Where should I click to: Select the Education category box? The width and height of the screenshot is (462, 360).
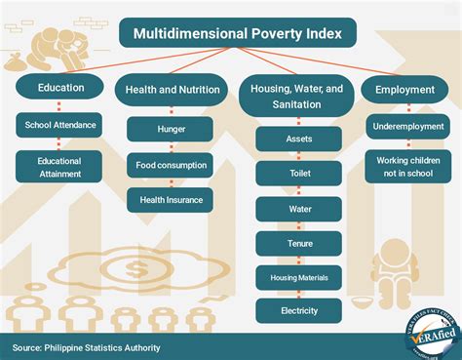(x=61, y=88)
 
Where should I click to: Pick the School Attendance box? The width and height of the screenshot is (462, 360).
(x=61, y=125)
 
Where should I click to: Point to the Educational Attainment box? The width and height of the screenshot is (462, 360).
(x=60, y=167)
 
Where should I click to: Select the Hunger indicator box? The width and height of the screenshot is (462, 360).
(x=171, y=129)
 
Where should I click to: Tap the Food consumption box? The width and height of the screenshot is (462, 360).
(x=171, y=165)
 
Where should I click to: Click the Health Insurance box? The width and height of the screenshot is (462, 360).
(x=171, y=200)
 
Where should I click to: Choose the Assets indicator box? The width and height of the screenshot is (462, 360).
(x=298, y=139)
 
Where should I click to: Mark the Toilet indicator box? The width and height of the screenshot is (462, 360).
(x=298, y=174)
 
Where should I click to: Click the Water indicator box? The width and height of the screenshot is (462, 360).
(x=298, y=208)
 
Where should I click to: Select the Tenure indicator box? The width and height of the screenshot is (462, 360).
(x=298, y=243)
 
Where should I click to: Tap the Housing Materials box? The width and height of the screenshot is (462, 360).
(x=298, y=278)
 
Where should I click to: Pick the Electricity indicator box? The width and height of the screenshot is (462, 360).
(x=298, y=312)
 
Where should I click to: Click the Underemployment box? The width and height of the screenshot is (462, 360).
(x=407, y=127)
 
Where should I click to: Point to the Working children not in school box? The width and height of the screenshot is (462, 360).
(x=407, y=166)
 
